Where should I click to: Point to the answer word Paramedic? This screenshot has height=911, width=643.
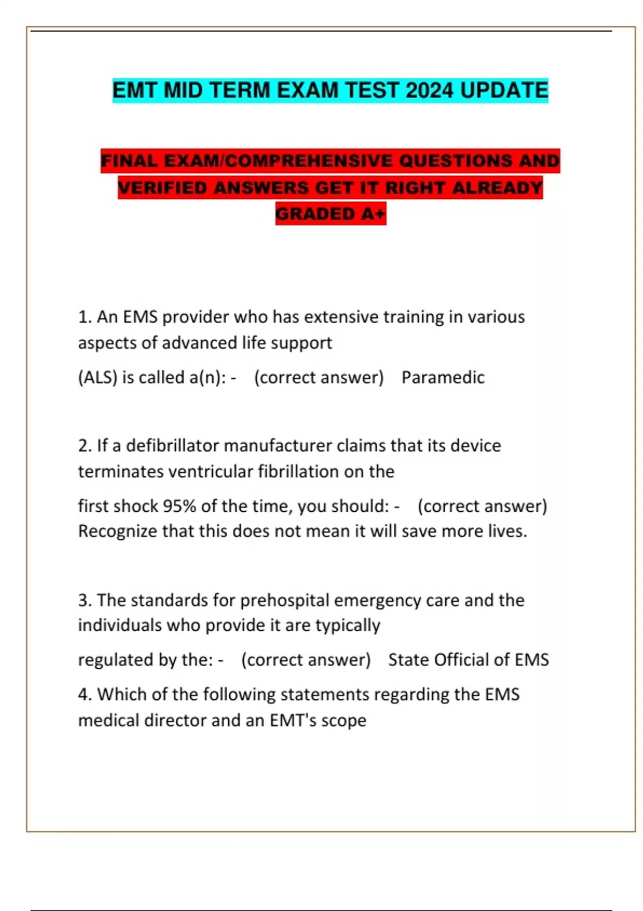point(443,377)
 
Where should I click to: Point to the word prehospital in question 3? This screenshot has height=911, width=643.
point(284,600)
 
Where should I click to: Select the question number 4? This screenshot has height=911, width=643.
point(84,695)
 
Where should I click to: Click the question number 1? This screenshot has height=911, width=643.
point(84,317)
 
